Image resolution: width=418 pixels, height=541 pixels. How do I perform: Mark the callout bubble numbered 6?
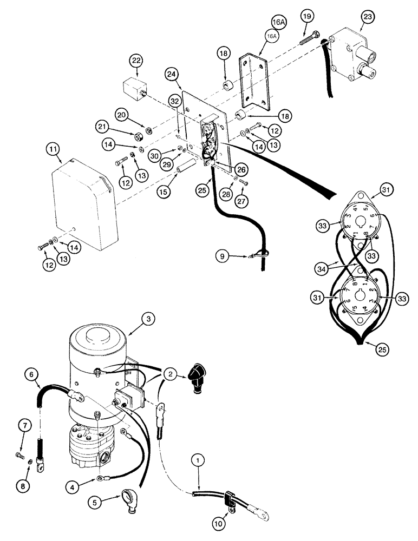[x=31, y=373]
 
